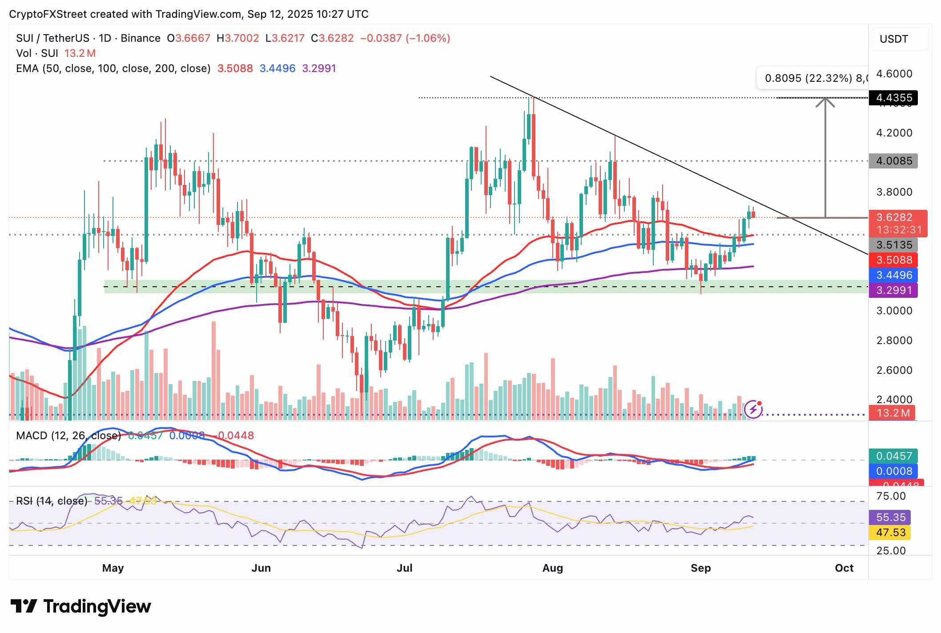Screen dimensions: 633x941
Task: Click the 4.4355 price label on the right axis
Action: [x=893, y=98]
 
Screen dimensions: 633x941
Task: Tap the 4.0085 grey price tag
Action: [x=893, y=161]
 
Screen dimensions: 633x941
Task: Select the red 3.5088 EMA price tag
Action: [x=893, y=260]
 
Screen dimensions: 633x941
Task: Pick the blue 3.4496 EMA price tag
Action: [x=893, y=275]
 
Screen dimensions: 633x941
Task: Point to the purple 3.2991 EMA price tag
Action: [x=893, y=290]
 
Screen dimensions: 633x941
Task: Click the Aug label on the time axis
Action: [x=553, y=568]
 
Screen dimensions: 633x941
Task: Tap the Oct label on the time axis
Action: [x=844, y=568]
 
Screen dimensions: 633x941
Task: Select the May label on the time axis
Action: [x=113, y=568]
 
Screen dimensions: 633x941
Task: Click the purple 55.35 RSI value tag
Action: [x=890, y=517]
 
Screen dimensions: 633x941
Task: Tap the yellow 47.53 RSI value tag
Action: [x=890, y=533]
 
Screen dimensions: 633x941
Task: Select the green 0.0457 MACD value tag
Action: [x=893, y=456]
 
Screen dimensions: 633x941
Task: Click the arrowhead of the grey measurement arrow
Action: [x=825, y=101]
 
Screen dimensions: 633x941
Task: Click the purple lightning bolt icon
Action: [x=753, y=409]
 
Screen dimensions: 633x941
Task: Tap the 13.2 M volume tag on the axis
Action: [x=893, y=413]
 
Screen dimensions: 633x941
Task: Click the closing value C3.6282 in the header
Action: [x=332, y=38]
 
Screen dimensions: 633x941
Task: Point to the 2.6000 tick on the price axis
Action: [x=894, y=370]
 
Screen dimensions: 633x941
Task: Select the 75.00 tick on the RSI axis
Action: [x=891, y=496]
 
